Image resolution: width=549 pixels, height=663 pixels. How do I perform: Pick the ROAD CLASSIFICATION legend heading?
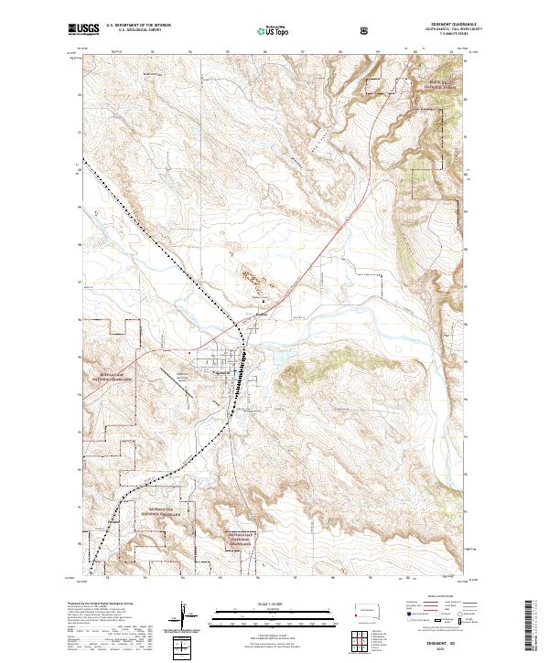434,594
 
